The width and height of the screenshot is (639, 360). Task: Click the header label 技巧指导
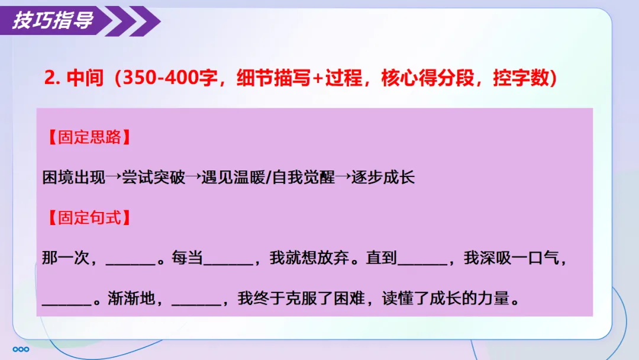[53, 21]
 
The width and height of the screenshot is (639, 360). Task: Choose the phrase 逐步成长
[383, 177]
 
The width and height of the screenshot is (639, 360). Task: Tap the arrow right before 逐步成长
[343, 177]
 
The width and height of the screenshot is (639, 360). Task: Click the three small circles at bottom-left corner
[20, 348]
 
